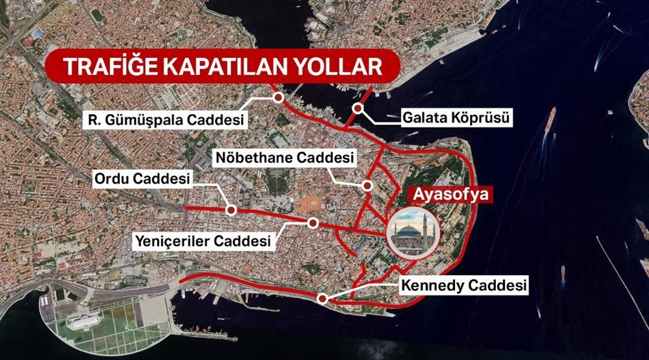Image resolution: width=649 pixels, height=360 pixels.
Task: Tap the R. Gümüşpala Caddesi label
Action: (167, 120)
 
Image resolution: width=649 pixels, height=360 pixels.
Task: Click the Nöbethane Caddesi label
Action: (285, 158)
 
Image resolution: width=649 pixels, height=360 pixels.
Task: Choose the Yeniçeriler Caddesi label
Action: (202, 241)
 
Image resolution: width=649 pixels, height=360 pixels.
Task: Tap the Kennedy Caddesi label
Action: (463, 284)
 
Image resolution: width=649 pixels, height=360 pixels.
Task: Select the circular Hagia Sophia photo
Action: (413, 232)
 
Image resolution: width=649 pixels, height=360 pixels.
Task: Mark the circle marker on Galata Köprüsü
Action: (357, 108)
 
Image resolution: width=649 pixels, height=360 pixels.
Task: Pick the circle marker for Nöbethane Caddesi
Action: (367, 186)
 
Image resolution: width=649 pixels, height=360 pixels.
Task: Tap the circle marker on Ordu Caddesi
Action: (230, 210)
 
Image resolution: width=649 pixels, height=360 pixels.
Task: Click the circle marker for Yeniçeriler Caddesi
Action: (313, 222)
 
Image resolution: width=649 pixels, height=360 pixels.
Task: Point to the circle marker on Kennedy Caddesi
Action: (322, 298)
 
